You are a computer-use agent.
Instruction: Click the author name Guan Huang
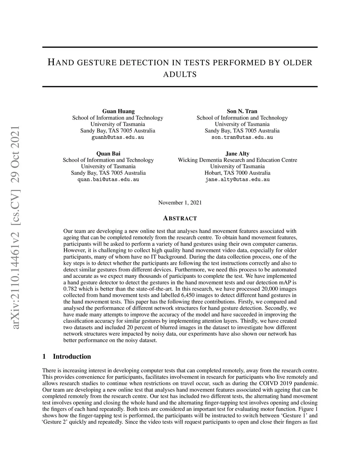[118, 111]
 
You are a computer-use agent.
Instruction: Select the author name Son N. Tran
[242, 111]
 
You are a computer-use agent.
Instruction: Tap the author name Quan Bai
[108, 153]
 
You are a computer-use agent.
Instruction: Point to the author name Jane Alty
[237, 153]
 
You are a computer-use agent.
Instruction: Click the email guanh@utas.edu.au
[118, 137]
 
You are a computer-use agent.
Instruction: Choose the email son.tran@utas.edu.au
[242, 137]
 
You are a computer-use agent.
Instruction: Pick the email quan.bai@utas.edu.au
[108, 179]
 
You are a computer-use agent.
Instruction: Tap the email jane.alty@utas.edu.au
[237, 179]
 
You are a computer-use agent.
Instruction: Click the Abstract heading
[180, 218]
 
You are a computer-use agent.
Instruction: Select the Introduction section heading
[72, 356]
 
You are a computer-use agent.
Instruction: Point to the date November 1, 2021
[180, 203]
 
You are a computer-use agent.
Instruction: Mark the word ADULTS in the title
[180, 75]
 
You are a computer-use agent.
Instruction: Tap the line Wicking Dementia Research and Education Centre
[237, 160]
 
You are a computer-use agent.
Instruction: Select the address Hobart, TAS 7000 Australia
[237, 173]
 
